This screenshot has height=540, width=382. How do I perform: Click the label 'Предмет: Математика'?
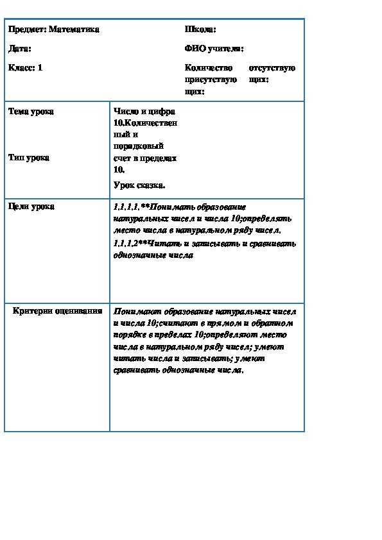click(x=54, y=30)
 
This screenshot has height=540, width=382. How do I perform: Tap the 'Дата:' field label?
click(x=20, y=48)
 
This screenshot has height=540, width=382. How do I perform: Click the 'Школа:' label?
click(x=200, y=30)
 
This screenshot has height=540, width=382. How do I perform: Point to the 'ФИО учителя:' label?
click(x=214, y=48)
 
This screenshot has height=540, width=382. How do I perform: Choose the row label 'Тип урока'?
click(x=29, y=157)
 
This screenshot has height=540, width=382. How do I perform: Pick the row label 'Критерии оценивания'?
click(x=58, y=311)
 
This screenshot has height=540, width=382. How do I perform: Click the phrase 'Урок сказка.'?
click(x=139, y=185)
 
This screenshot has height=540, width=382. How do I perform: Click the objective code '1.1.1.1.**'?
click(x=128, y=207)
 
